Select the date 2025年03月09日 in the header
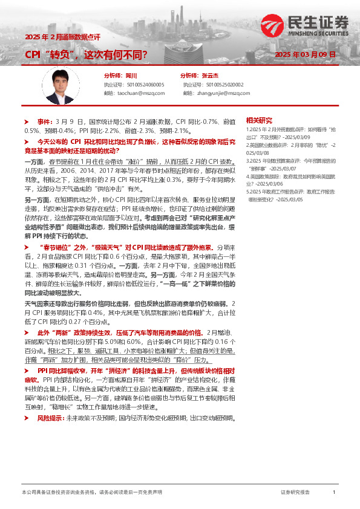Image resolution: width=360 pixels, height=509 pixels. [x=305, y=55]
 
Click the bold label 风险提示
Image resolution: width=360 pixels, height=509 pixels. [x=51, y=418]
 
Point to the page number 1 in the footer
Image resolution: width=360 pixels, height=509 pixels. [x=333, y=493]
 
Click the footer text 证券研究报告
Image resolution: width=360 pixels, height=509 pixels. [x=295, y=493]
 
